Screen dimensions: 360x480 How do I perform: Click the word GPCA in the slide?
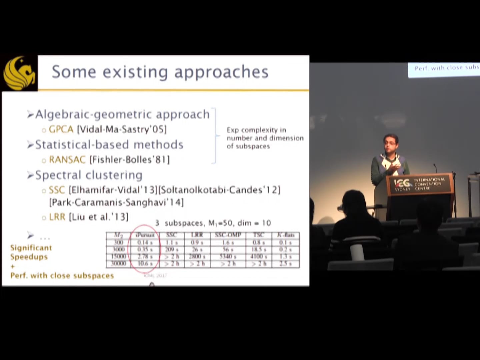61,129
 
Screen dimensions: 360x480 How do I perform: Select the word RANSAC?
67,160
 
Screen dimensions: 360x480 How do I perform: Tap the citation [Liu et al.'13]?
98,217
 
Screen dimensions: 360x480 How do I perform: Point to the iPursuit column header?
145,235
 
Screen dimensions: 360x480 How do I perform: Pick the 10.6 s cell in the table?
145,264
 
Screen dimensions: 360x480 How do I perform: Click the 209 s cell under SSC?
172,250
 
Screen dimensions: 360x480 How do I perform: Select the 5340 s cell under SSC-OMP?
228,257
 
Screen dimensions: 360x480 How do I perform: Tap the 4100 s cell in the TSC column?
259,257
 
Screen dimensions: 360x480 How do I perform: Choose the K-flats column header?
286,235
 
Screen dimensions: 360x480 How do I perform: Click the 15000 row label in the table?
118,257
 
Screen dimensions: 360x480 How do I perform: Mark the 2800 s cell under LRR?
197,257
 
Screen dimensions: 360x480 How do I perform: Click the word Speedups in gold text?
29,257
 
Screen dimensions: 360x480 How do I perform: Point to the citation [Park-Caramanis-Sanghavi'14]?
116,202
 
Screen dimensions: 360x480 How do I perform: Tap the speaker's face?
391,144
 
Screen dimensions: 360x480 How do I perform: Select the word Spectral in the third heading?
58,175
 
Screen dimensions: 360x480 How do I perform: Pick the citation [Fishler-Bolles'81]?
130,160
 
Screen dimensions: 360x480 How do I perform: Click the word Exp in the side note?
232,130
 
